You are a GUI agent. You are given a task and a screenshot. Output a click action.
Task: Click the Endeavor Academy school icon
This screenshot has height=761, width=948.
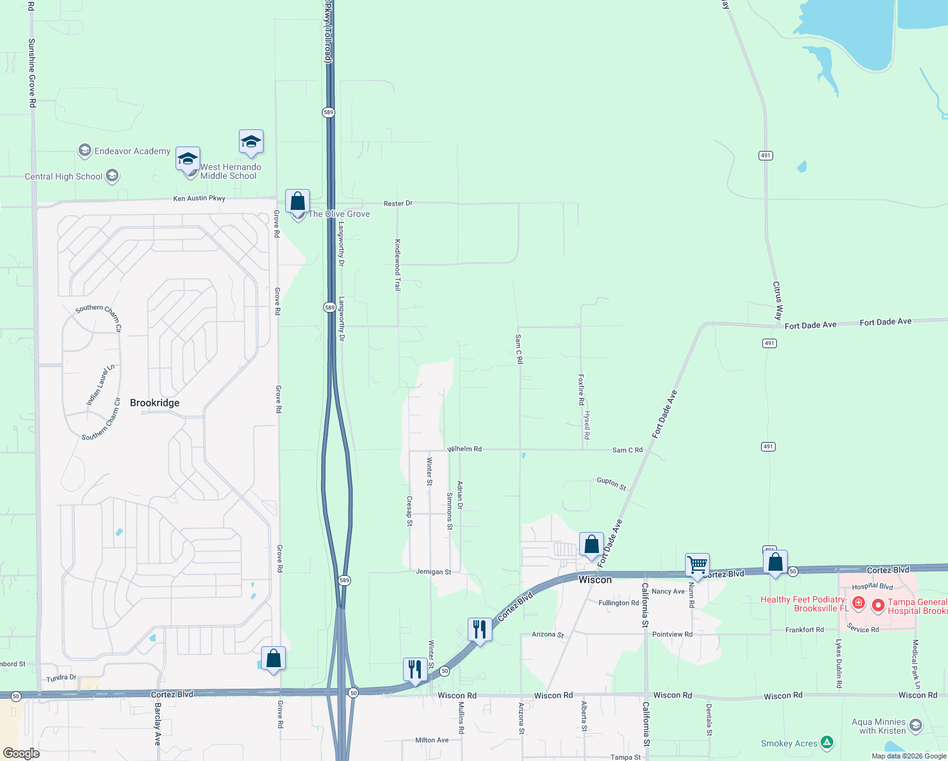85,150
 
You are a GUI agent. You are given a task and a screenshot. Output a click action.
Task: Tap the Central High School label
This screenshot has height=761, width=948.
63,176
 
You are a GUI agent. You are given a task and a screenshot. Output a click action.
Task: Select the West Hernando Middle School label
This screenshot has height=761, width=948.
230,171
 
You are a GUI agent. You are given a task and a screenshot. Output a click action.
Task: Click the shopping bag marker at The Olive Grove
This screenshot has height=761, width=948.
297,202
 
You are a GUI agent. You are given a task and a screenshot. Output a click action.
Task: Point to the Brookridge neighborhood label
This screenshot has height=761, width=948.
155,403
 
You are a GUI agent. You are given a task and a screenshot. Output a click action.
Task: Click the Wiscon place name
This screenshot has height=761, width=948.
595,580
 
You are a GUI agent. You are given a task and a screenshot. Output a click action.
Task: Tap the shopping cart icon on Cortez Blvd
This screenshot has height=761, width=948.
697,564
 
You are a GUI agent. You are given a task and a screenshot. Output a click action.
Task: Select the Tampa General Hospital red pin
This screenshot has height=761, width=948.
878,606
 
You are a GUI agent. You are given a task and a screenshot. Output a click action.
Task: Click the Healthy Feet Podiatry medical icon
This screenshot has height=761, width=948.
858,602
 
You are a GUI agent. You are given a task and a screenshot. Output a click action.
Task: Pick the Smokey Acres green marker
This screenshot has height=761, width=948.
826,742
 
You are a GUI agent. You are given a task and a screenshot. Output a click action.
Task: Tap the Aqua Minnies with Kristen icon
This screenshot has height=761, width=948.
915,725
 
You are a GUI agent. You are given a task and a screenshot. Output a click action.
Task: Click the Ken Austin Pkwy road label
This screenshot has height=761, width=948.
199,198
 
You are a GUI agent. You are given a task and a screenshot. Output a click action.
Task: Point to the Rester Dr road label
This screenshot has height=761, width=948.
398,204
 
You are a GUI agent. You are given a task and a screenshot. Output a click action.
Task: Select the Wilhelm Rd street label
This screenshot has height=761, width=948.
464,449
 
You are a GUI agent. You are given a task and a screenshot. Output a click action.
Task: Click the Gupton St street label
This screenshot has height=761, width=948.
612,484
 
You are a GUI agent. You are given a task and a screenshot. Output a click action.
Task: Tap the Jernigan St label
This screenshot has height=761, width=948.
433,572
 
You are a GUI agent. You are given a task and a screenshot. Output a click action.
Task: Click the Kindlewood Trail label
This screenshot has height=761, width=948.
398,264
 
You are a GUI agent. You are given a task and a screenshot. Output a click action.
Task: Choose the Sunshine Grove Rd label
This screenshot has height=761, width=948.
32,72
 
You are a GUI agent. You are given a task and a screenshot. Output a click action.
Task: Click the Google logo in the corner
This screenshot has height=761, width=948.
22,753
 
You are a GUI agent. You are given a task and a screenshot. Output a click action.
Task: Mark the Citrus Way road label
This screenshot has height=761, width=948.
778,300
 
